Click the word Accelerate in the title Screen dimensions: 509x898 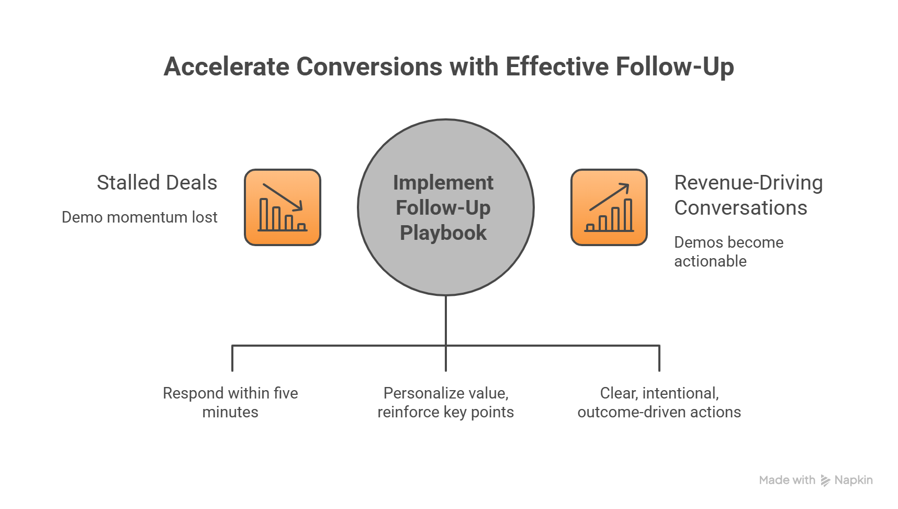point(226,67)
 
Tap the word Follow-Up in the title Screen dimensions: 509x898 point(675,67)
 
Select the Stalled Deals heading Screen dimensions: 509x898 point(157,183)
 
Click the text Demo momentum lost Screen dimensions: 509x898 point(139,217)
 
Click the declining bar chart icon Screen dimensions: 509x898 point(283,207)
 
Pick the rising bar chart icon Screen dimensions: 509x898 point(609,207)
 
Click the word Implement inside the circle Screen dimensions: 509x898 point(443,183)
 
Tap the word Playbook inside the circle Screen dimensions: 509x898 point(443,233)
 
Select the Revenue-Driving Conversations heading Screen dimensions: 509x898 point(748,195)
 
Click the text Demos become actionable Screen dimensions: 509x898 point(728,252)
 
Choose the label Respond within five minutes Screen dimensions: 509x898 point(230,403)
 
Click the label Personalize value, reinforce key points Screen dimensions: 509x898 point(445,403)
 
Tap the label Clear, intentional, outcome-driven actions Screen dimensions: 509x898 point(659,403)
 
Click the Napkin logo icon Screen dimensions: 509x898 point(825,481)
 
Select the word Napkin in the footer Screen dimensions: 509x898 point(854,480)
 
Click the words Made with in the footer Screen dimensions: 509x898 point(787,480)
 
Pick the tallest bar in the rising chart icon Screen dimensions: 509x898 point(627,214)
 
